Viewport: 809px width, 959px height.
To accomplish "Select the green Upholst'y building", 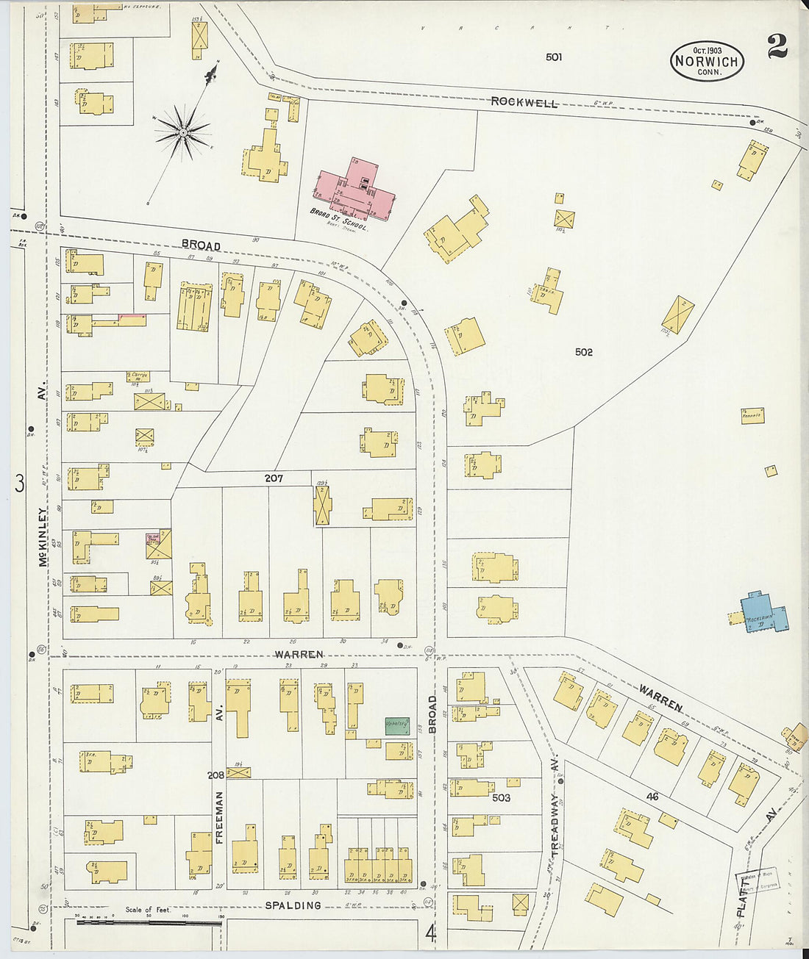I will [397, 725].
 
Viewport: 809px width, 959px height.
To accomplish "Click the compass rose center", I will [182, 133].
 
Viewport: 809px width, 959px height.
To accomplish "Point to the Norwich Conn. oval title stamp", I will [707, 61].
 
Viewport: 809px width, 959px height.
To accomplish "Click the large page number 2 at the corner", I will [777, 47].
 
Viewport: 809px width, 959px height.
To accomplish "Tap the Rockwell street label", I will [524, 102].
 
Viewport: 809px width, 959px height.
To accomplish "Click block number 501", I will [554, 57].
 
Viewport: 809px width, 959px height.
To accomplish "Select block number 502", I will [583, 352].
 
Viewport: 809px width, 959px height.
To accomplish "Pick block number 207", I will [274, 478].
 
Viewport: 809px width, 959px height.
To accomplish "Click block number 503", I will [501, 797].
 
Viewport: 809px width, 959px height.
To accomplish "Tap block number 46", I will [652, 796].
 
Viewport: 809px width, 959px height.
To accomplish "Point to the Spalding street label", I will [293, 905].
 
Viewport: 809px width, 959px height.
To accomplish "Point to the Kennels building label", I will [752, 416].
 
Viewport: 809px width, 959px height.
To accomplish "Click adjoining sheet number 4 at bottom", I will [431, 934].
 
